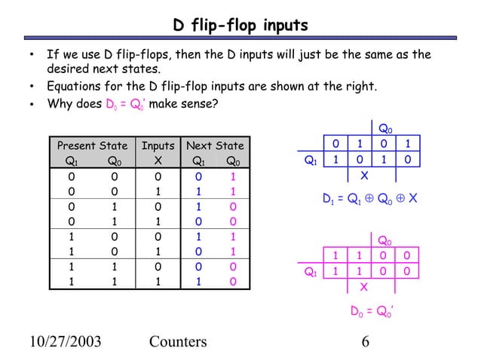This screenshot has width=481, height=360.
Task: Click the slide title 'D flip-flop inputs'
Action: [x=240, y=26]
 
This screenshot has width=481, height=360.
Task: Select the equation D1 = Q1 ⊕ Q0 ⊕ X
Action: [x=369, y=199]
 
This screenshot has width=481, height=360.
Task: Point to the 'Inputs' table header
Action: [x=158, y=145]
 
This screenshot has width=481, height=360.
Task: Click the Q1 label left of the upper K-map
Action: [x=309, y=160]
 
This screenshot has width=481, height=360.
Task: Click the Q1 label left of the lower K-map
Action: [x=309, y=272]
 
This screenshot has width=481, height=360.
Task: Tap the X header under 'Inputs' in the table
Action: [x=157, y=160]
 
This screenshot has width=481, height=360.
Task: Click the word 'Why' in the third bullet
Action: [x=60, y=104]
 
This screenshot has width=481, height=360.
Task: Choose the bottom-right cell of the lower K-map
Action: [x=407, y=271]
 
